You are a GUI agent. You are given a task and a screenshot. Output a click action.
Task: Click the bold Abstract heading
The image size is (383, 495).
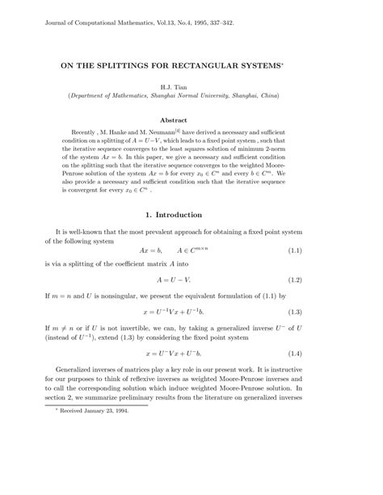(x=191, y=120)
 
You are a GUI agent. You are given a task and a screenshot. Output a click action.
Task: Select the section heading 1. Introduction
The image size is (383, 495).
(x=191, y=215)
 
